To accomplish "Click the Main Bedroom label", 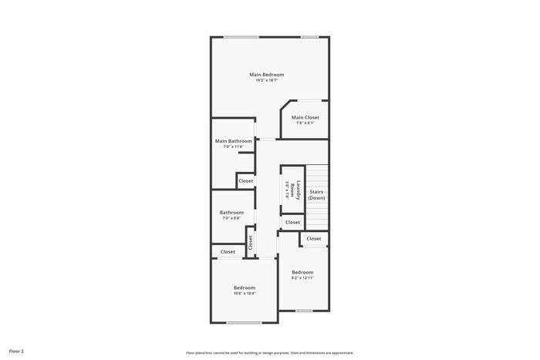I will tap(266, 75).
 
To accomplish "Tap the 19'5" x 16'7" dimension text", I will tap(266, 80).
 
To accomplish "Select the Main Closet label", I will tap(305, 117).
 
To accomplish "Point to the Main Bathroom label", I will tap(233, 141).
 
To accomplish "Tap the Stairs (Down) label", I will tap(316, 194).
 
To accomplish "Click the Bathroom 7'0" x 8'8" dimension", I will tap(231, 218).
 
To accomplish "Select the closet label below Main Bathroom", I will tap(245, 180).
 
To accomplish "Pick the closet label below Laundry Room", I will tap(292, 222).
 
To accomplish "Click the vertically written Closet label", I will tap(250, 241).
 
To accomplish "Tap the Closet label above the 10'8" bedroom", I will tap(228, 251).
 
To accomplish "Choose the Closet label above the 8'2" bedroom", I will tap(313, 239).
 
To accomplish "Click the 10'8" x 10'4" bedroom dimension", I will tap(245, 293).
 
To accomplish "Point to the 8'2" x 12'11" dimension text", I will tap(302, 278).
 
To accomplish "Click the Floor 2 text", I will tap(16, 351).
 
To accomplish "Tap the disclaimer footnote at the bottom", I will tap(269, 352).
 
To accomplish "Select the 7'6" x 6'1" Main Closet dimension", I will tap(305, 123).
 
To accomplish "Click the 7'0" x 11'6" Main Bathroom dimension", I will tap(233, 146).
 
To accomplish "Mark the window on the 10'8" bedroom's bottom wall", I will tap(244, 322).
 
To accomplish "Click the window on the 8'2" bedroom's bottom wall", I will tap(304, 311).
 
